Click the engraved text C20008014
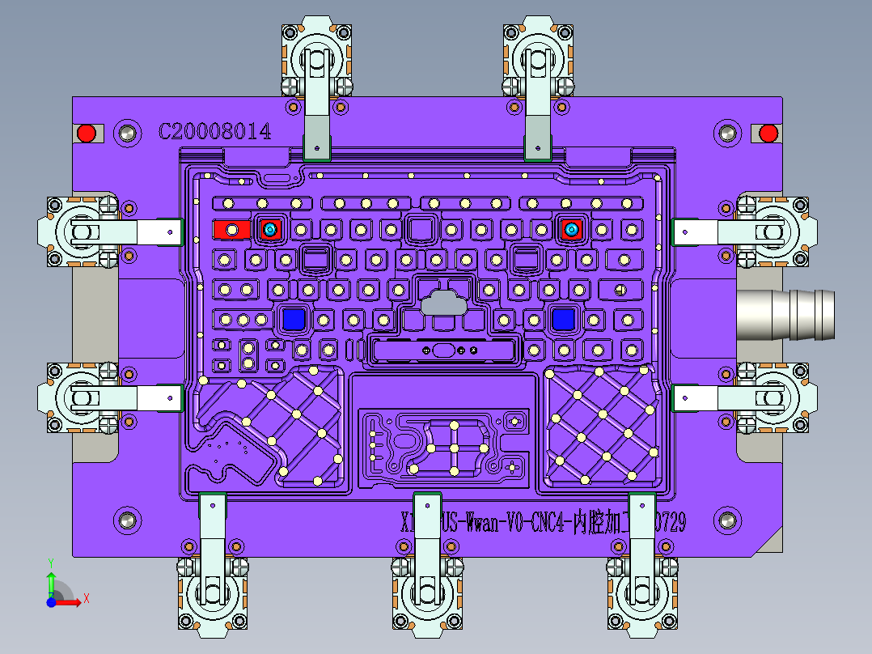tap(214, 132)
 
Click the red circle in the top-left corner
tap(86, 133)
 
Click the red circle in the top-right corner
tap(768, 133)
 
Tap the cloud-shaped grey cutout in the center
tap(443, 302)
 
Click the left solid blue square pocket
tap(294, 320)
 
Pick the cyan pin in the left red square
tap(269, 231)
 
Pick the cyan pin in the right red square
tap(572, 231)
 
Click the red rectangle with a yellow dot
tap(231, 231)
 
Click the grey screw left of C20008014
tap(126, 133)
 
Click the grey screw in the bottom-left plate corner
tap(126, 521)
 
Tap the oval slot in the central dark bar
tap(443, 350)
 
